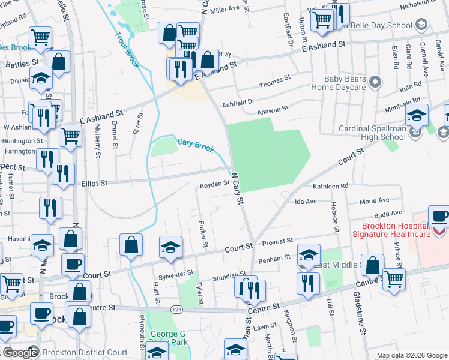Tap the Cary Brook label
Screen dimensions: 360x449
click(195, 145)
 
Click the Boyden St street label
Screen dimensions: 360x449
click(215, 184)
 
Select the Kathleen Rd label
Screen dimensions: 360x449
click(330, 187)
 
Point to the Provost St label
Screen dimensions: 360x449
click(277, 240)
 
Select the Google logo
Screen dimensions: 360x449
click(19, 353)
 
